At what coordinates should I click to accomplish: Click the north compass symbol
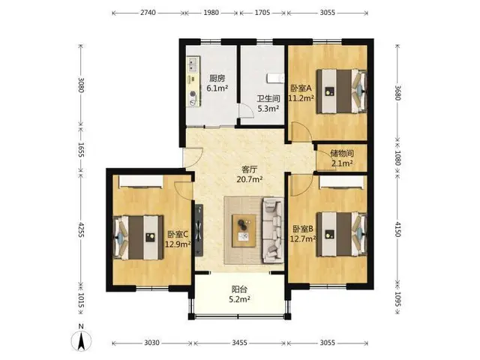[x=81, y=340]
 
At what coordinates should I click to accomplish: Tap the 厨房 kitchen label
[x=217, y=78]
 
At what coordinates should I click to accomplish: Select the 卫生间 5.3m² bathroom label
[x=268, y=103]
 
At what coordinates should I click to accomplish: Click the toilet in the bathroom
[x=274, y=78]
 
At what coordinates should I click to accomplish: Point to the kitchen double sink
[x=193, y=64]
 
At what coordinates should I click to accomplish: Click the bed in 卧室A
[x=342, y=91]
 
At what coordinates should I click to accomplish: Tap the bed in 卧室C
[x=138, y=238]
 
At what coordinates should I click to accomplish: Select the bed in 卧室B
[x=342, y=234]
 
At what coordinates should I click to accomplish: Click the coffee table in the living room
[x=244, y=230]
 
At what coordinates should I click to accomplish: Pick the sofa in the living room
[x=272, y=230]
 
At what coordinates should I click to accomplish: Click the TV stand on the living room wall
[x=199, y=229]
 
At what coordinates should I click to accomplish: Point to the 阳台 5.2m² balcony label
[x=239, y=294]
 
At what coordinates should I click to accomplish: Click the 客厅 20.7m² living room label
[x=250, y=174]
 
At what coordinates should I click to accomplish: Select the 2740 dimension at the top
[x=148, y=13]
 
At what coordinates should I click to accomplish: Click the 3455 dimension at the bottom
[x=239, y=342]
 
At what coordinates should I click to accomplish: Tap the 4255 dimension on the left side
[x=81, y=229]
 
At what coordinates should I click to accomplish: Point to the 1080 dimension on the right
[x=397, y=157]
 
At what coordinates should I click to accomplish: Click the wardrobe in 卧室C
[x=140, y=181]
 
